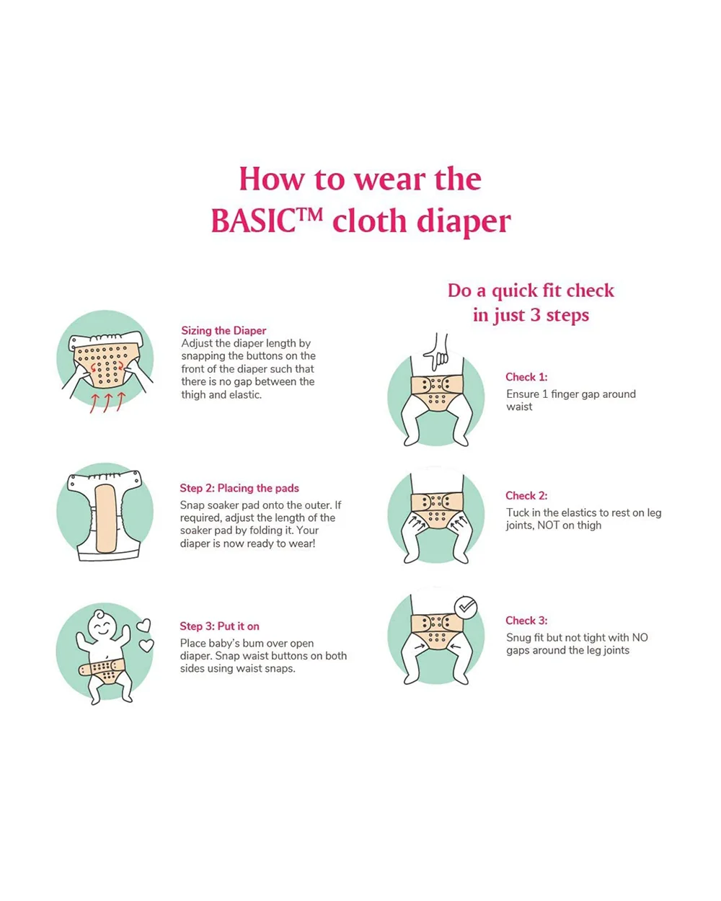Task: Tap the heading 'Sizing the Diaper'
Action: [224, 330]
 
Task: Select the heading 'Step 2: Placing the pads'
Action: [239, 488]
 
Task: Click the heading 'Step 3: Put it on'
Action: [219, 626]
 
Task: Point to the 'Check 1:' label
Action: [526, 377]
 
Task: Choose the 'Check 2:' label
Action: [526, 496]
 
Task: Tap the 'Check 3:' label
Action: [526, 621]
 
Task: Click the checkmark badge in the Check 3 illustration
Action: [466, 608]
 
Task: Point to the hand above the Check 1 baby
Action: [436, 352]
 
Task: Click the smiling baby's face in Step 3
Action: [102, 627]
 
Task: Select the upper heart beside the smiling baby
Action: [143, 626]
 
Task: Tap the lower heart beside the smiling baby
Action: [146, 645]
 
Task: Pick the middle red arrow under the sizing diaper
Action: [107, 403]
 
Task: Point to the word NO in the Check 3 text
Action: [640, 638]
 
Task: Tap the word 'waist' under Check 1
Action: [520, 407]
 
